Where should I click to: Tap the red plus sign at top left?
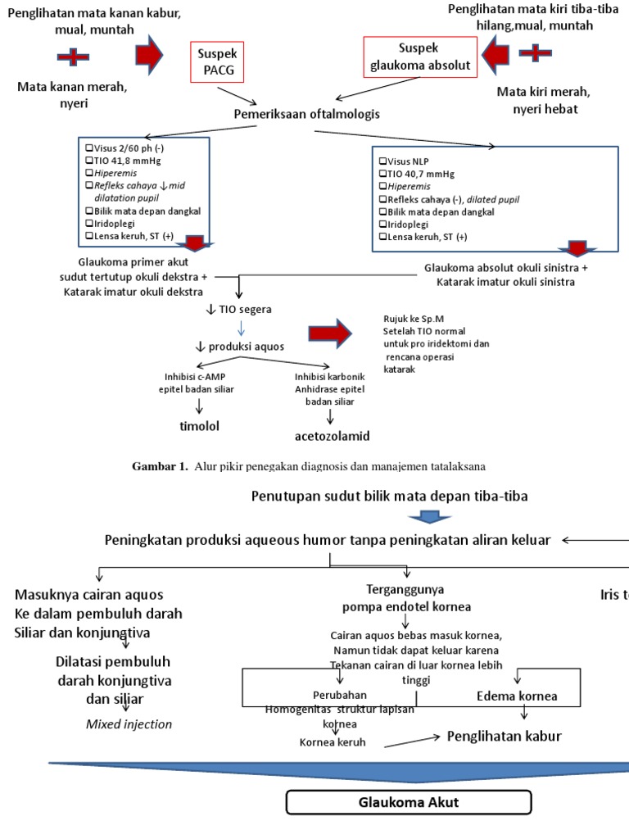click(73, 57)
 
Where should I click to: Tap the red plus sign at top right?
click(536, 53)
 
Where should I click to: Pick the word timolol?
click(200, 426)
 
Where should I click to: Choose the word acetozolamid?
click(333, 435)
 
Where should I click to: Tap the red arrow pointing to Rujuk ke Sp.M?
click(330, 333)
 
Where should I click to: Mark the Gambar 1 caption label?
click(161, 466)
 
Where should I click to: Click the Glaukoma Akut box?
click(408, 802)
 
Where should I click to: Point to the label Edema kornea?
click(517, 696)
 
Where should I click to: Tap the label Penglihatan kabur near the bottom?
click(504, 736)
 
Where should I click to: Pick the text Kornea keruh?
click(332, 742)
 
